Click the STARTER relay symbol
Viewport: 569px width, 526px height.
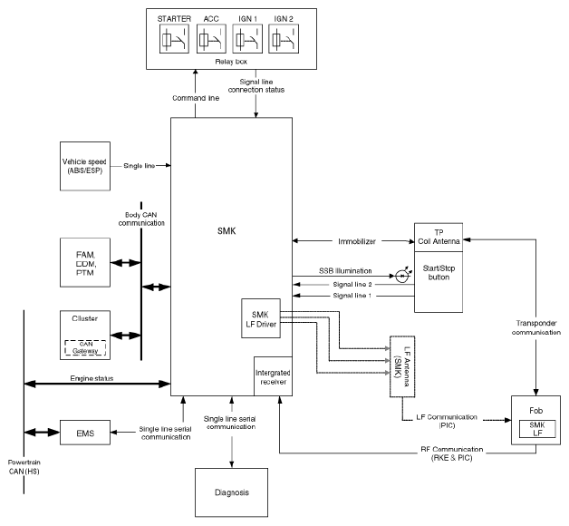click(174, 39)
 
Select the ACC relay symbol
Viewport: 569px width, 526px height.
click(211, 39)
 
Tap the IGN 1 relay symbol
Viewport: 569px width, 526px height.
click(247, 39)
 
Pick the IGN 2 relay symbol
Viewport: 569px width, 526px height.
click(284, 39)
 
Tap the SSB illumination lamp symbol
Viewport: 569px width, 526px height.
click(401, 276)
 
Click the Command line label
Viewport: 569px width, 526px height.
click(196, 98)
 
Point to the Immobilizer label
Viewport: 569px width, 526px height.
click(357, 241)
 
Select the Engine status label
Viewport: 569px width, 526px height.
click(92, 378)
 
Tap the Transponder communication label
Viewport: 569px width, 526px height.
click(536, 327)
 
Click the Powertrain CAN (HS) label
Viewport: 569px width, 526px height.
click(24, 467)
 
